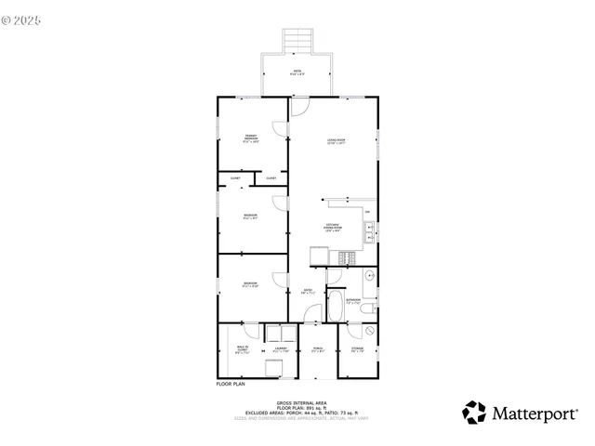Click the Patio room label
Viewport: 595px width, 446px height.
(x=297, y=71)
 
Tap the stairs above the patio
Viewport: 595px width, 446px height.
(x=297, y=41)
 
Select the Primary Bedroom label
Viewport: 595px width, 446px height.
(x=251, y=139)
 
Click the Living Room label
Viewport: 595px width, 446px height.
(x=336, y=141)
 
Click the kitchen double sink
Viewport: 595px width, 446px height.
(x=369, y=230)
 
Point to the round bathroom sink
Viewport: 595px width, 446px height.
(x=369, y=275)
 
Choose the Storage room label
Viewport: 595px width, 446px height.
(x=358, y=351)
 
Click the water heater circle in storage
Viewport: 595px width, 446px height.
(x=369, y=331)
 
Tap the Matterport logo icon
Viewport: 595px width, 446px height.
(x=474, y=412)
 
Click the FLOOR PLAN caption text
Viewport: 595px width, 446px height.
(x=230, y=384)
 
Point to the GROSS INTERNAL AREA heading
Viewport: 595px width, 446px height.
(x=297, y=402)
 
